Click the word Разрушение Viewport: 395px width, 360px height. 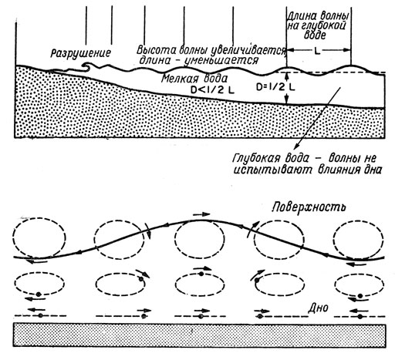tap(81, 53)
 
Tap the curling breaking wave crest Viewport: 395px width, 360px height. tap(86, 66)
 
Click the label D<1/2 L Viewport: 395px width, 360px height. tap(212, 89)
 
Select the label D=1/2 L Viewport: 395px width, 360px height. tap(275, 87)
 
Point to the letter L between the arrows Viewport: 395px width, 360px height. tap(318, 52)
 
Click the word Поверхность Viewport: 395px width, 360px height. tap(309, 207)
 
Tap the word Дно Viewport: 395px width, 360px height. tap(318, 307)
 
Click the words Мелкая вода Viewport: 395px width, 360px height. tap(194, 79)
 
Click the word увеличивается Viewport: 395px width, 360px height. tap(248, 50)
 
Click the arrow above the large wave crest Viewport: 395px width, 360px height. tap(201, 214)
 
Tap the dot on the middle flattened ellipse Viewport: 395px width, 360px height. tap(201, 274)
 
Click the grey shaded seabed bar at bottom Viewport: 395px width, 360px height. tap(199, 335)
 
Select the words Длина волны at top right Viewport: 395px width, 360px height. tap(318, 16)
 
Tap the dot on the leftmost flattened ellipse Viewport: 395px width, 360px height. tap(39, 294)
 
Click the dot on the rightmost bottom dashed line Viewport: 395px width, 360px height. tap(360, 316)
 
